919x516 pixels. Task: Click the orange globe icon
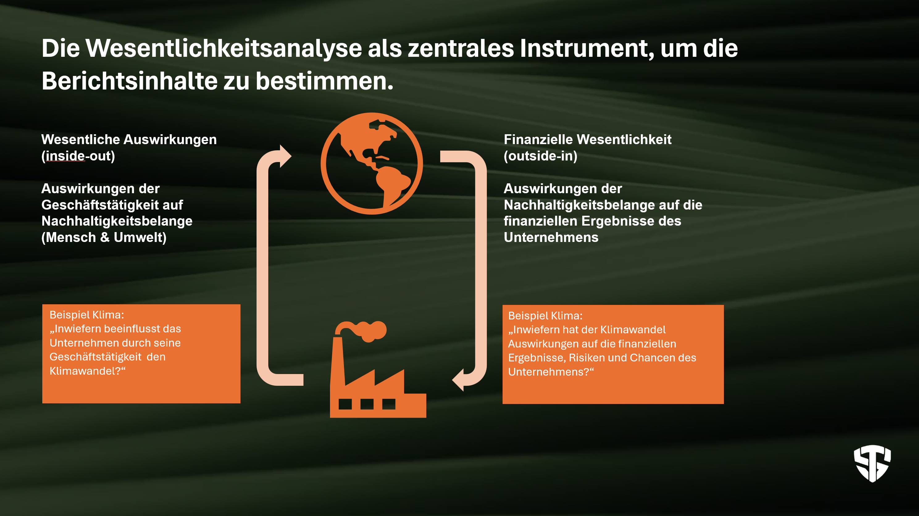(372, 163)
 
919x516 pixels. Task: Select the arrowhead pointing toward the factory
(458, 380)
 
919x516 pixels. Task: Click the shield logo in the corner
(872, 463)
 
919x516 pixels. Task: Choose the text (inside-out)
(78, 156)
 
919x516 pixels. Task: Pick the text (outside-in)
(541, 156)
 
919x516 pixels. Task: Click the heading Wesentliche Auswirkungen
(129, 139)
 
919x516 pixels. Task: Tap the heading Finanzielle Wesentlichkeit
(587, 139)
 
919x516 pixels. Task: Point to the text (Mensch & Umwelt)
(104, 238)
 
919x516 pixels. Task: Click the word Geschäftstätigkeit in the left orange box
(95, 357)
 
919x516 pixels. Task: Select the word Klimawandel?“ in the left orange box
(87, 371)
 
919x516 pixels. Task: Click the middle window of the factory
(367, 404)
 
